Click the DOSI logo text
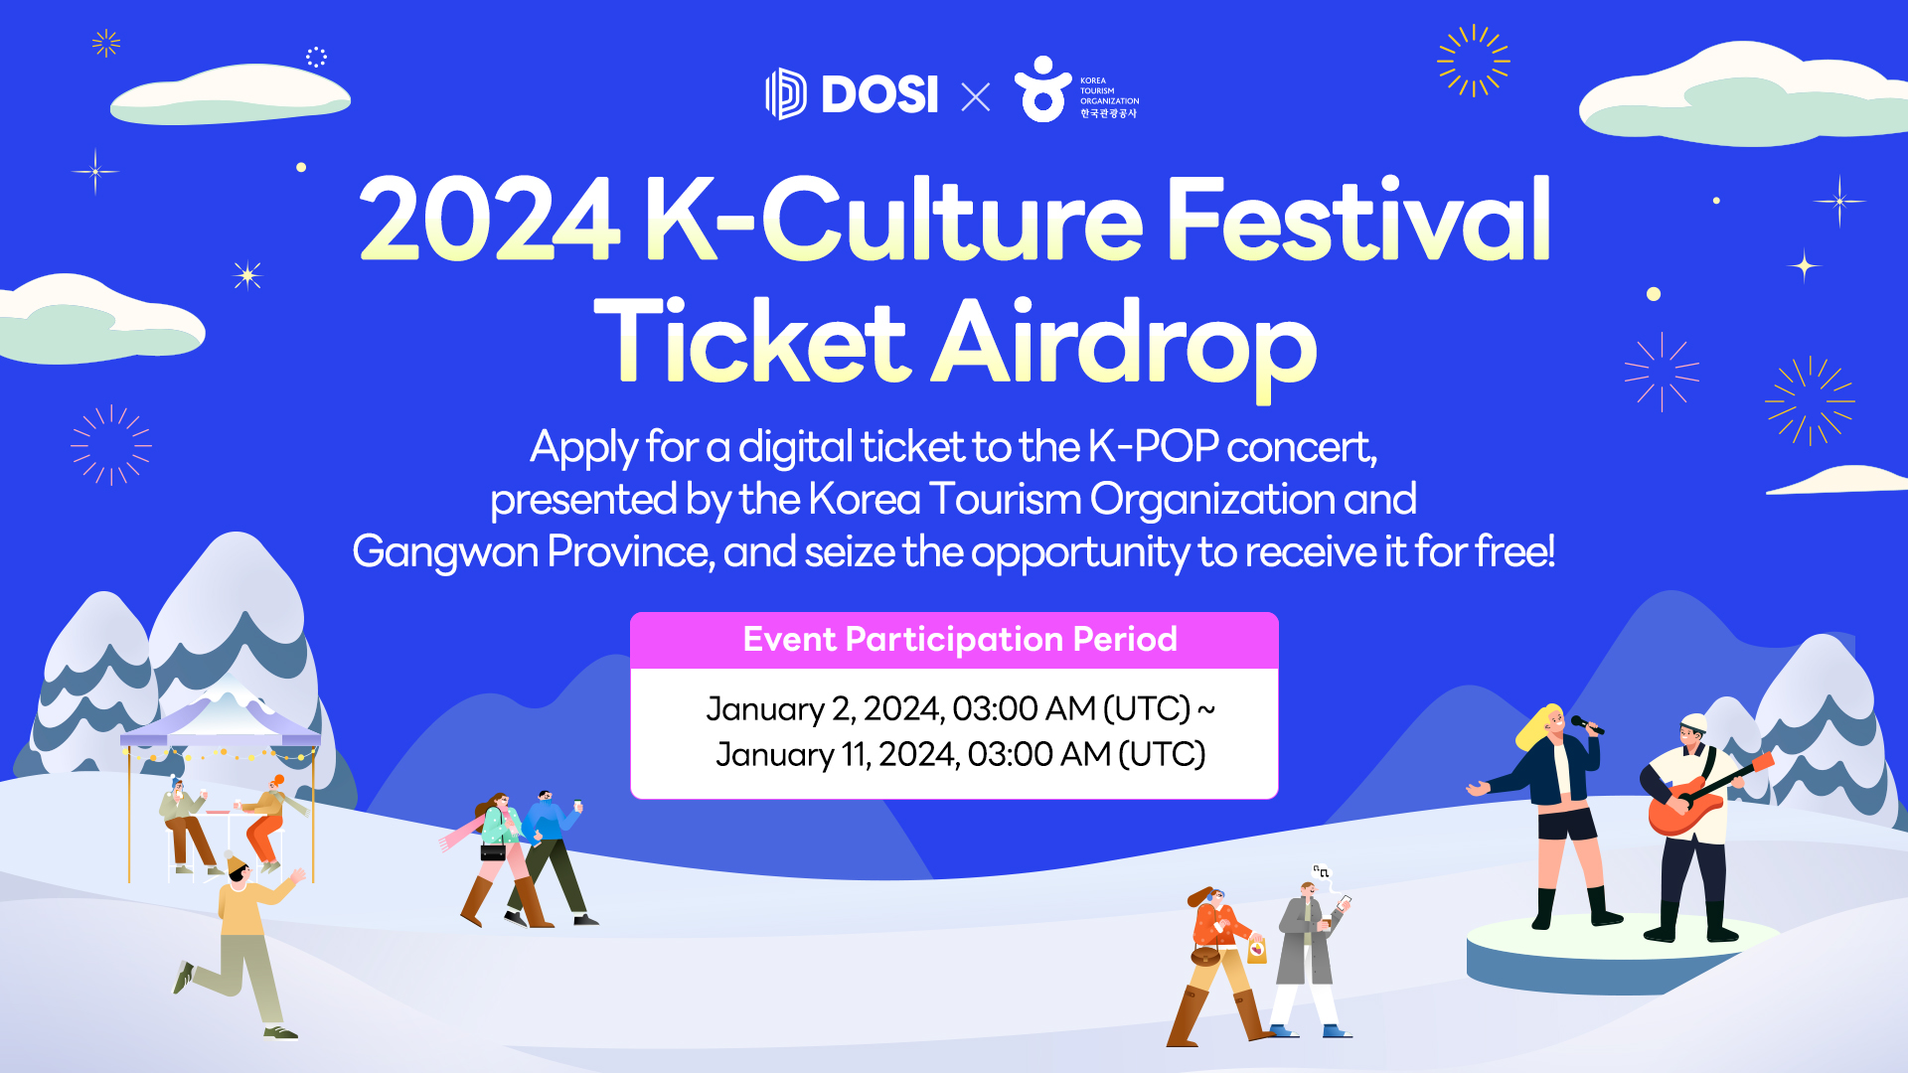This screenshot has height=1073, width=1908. coord(879,94)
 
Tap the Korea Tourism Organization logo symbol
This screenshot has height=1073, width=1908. coord(1041,89)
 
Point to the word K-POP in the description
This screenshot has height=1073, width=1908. coord(1153,447)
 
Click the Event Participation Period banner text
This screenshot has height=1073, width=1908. coord(960,639)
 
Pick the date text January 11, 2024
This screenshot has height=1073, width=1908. coord(837,755)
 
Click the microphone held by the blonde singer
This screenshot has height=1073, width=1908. coord(1587,725)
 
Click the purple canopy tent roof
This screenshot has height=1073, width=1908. coord(221,724)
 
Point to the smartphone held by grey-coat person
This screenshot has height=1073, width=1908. coord(1344,902)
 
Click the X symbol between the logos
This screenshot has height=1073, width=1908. coord(976,96)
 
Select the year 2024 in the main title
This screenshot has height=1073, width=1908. coord(490,219)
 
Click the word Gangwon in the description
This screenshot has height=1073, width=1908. coord(445,552)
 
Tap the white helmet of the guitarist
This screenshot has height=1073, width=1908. coord(1693,722)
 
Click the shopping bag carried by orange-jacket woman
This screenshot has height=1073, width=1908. coord(1257,950)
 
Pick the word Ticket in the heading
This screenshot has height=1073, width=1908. coord(752,342)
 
